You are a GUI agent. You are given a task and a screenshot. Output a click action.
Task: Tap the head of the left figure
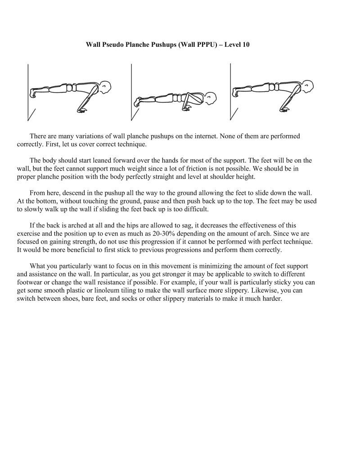105,86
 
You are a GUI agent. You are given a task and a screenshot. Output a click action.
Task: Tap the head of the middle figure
211,98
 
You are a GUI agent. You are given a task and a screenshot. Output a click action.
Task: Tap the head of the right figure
308,86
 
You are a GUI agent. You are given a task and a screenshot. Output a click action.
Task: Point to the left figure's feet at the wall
33,93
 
